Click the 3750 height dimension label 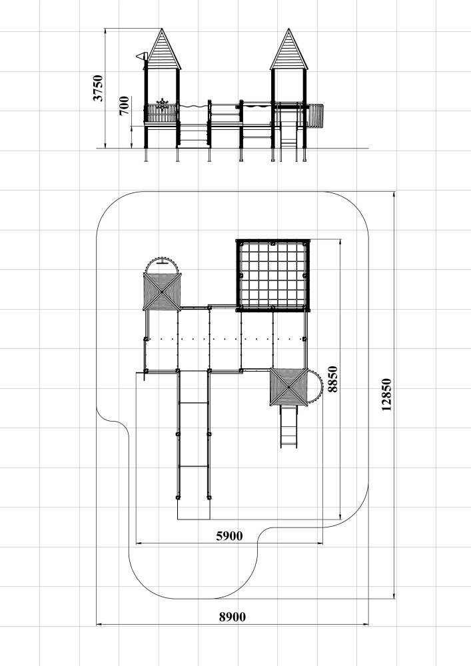click(x=98, y=88)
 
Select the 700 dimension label click(x=124, y=106)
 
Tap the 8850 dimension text click(x=332, y=380)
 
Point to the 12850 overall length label click(x=386, y=394)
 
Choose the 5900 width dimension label click(x=229, y=536)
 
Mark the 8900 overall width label click(x=233, y=617)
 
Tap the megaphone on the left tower click(x=141, y=56)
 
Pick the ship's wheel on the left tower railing click(x=163, y=104)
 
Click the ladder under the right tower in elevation click(x=289, y=133)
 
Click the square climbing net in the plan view click(x=273, y=275)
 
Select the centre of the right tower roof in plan click(x=289, y=387)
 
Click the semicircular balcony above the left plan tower click(x=162, y=264)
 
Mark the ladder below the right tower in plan click(x=289, y=427)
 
